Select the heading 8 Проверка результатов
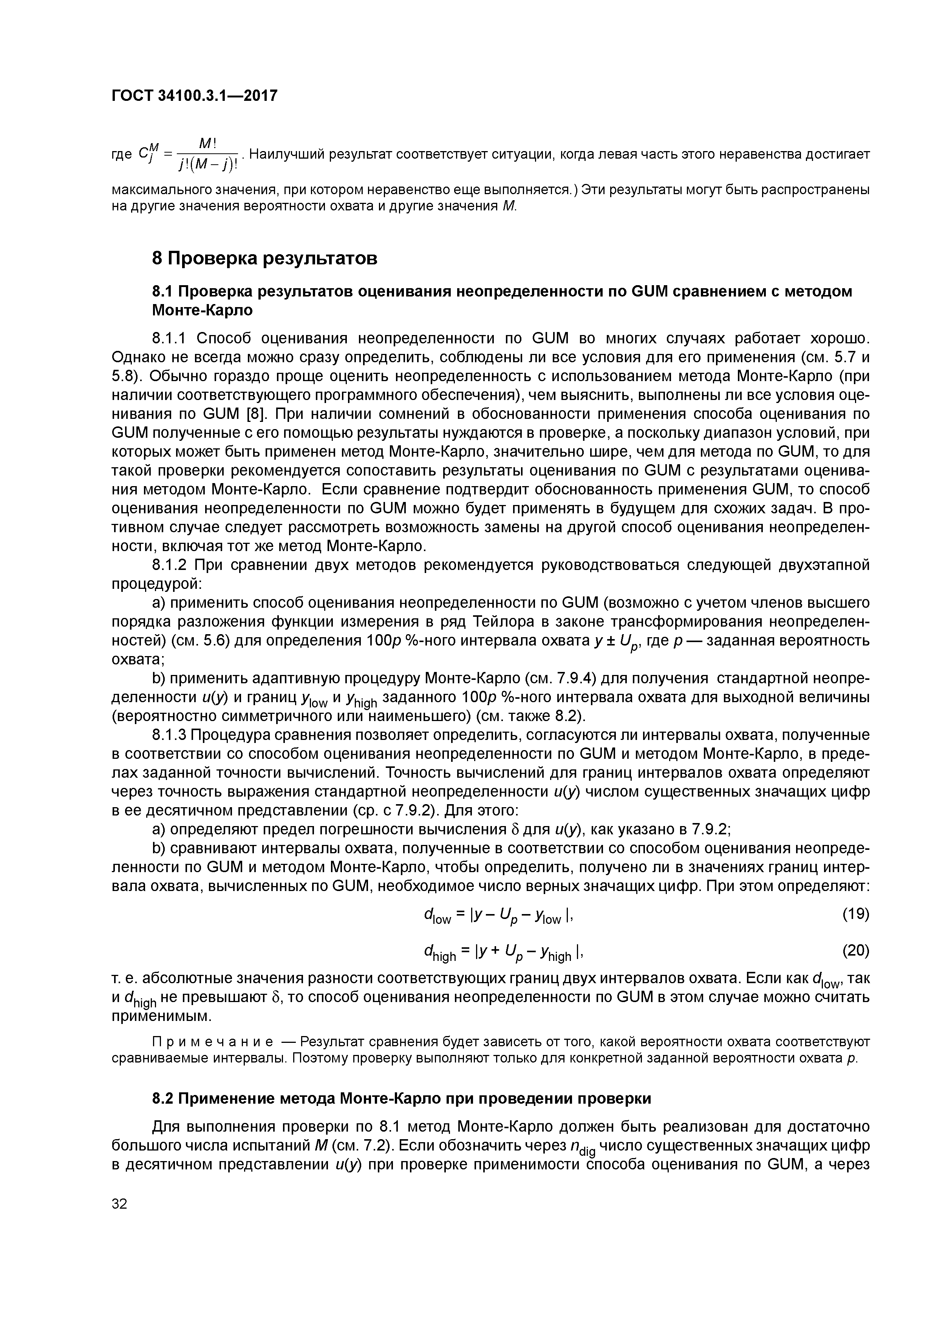click(x=264, y=258)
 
